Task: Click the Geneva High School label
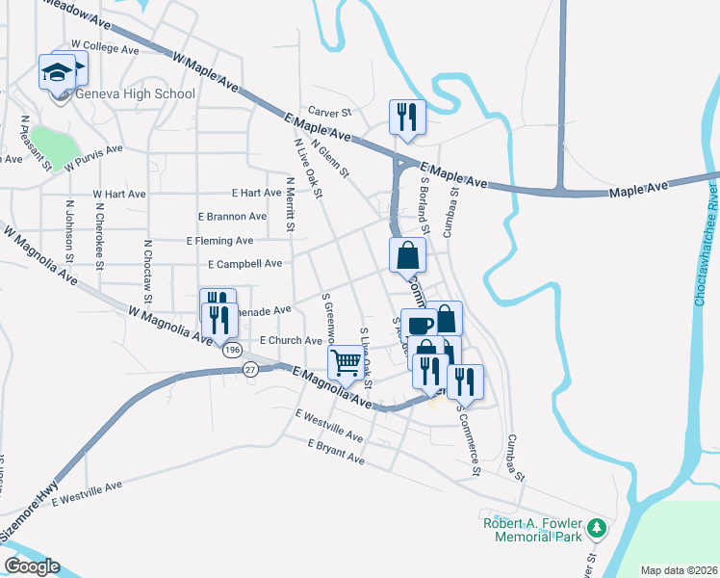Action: click(x=134, y=93)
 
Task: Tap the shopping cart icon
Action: click(x=346, y=363)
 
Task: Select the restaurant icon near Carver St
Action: click(x=406, y=117)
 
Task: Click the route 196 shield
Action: click(x=231, y=351)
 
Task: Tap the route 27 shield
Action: click(x=250, y=369)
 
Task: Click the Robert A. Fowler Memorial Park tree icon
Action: click(x=598, y=527)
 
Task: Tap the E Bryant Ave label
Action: click(x=336, y=451)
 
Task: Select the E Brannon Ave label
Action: click(x=232, y=217)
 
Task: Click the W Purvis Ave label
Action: click(x=94, y=157)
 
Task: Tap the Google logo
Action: click(x=32, y=565)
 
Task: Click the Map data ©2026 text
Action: click(x=679, y=570)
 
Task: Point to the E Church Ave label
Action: click(x=291, y=341)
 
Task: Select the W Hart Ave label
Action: click(x=119, y=194)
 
